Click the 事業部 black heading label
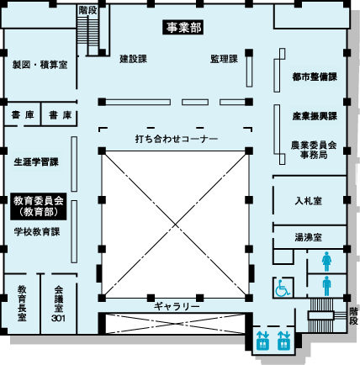click(x=183, y=28)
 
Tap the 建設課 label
click(x=134, y=59)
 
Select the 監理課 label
click(x=224, y=59)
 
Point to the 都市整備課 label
click(x=315, y=77)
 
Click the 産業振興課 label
click(x=315, y=116)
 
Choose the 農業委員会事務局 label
click(x=314, y=150)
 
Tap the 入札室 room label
click(x=309, y=201)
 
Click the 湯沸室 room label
click(x=309, y=237)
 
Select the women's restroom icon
click(x=326, y=262)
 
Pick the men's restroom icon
click(x=326, y=286)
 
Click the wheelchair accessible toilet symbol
click(x=283, y=288)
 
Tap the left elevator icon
click(x=262, y=341)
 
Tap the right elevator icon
click(x=283, y=341)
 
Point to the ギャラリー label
click(x=177, y=306)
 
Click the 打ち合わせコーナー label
click(x=177, y=139)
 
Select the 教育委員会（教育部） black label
click(x=39, y=206)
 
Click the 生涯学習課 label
click(x=36, y=162)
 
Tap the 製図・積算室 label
click(x=40, y=65)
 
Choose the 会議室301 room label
click(x=58, y=304)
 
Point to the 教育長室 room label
click(x=22, y=304)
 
